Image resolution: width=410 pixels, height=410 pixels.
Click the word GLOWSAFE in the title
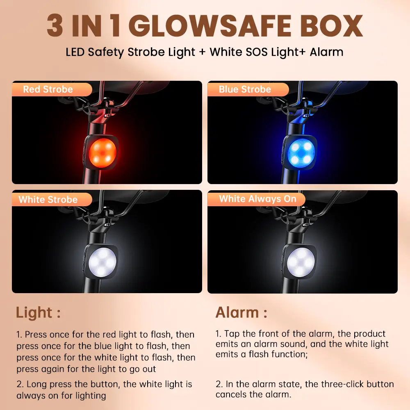point(210,25)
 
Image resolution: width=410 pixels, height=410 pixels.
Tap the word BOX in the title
point(331,25)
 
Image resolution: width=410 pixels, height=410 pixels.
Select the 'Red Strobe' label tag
point(52,89)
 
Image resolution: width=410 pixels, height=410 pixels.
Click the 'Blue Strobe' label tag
point(248,89)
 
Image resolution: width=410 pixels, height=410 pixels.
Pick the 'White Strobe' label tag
point(52,200)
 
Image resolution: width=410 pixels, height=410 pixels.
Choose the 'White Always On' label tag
point(256,199)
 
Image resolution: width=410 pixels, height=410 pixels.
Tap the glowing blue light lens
point(301,152)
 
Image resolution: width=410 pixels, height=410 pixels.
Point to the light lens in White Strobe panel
point(102,262)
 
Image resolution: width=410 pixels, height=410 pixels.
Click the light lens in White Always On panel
point(301,262)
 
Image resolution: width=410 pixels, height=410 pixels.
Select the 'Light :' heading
point(38,313)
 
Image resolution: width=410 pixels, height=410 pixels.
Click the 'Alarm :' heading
point(241,312)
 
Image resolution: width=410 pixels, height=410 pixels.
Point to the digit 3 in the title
point(55,25)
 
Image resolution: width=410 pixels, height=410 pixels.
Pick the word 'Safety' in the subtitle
point(106,52)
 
